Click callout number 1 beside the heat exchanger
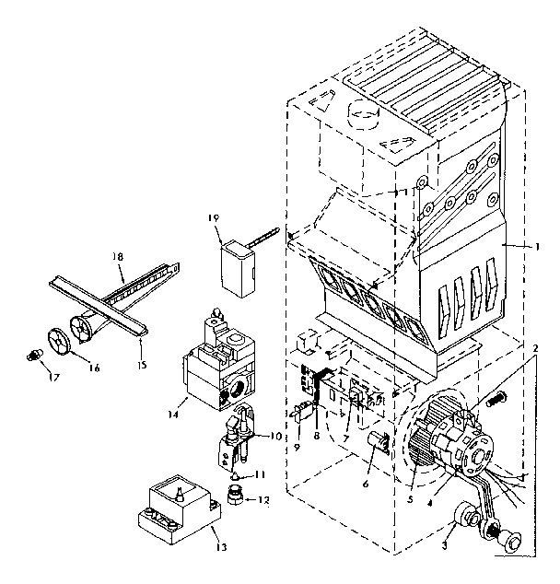[x=537, y=247]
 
